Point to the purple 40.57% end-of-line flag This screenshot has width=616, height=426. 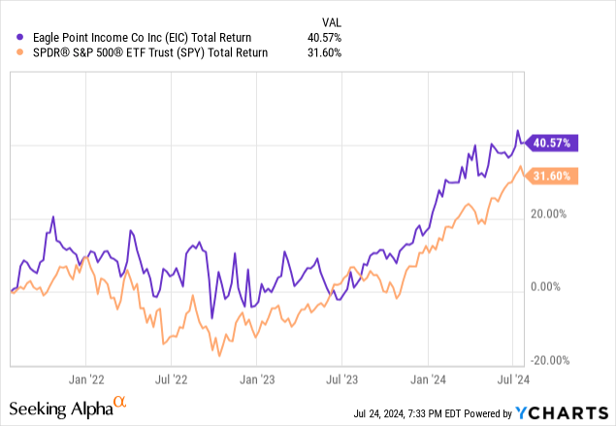coord(554,143)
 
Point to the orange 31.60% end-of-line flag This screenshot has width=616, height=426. coord(554,176)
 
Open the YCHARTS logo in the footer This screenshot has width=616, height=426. coord(576,411)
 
